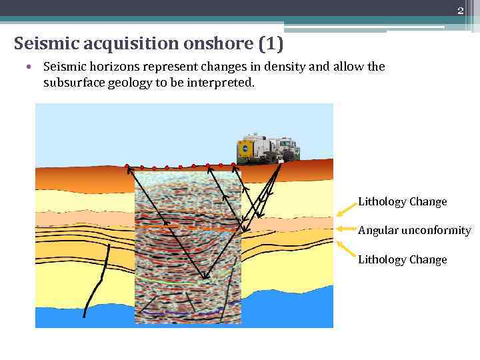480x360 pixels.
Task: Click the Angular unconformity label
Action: click(x=414, y=231)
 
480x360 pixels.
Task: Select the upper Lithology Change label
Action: click(x=402, y=201)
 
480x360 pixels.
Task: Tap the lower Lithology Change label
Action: click(x=402, y=259)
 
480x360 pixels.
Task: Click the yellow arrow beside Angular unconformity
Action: click(x=345, y=229)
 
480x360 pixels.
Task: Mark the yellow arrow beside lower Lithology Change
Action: click(x=345, y=249)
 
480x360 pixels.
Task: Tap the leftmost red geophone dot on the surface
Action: click(x=126, y=166)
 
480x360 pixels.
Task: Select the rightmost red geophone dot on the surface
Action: click(x=233, y=164)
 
